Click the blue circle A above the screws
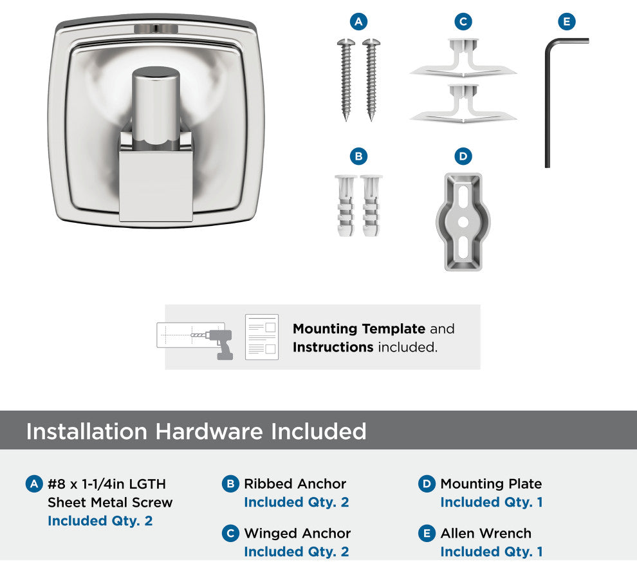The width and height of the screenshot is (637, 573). pyautogui.click(x=358, y=21)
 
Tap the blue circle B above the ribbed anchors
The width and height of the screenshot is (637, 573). pyautogui.click(x=358, y=156)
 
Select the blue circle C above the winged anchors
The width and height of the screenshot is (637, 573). pyautogui.click(x=463, y=21)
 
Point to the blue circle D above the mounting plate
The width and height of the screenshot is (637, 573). pyautogui.click(x=463, y=156)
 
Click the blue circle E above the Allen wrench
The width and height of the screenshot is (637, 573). pyautogui.click(x=567, y=21)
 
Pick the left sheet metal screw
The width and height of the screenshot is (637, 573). pyautogui.click(x=346, y=80)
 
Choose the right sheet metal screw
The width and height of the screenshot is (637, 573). pyautogui.click(x=371, y=80)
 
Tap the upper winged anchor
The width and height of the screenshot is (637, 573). pyautogui.click(x=463, y=58)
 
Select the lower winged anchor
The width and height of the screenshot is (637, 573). pyautogui.click(x=463, y=104)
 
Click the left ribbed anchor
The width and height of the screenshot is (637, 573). pyautogui.click(x=346, y=205)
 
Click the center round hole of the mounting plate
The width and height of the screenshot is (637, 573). pyautogui.click(x=463, y=222)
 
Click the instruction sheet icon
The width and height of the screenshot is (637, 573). pyautogui.click(x=262, y=337)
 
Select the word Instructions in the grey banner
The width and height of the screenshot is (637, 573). pyautogui.click(x=333, y=348)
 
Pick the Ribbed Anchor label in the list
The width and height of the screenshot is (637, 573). pyautogui.click(x=295, y=484)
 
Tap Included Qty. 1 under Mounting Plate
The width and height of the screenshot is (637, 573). pyautogui.click(x=492, y=502)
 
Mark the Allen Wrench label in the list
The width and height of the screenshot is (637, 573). pyautogui.click(x=486, y=533)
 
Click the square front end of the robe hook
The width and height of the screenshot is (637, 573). pyautogui.click(x=156, y=186)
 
